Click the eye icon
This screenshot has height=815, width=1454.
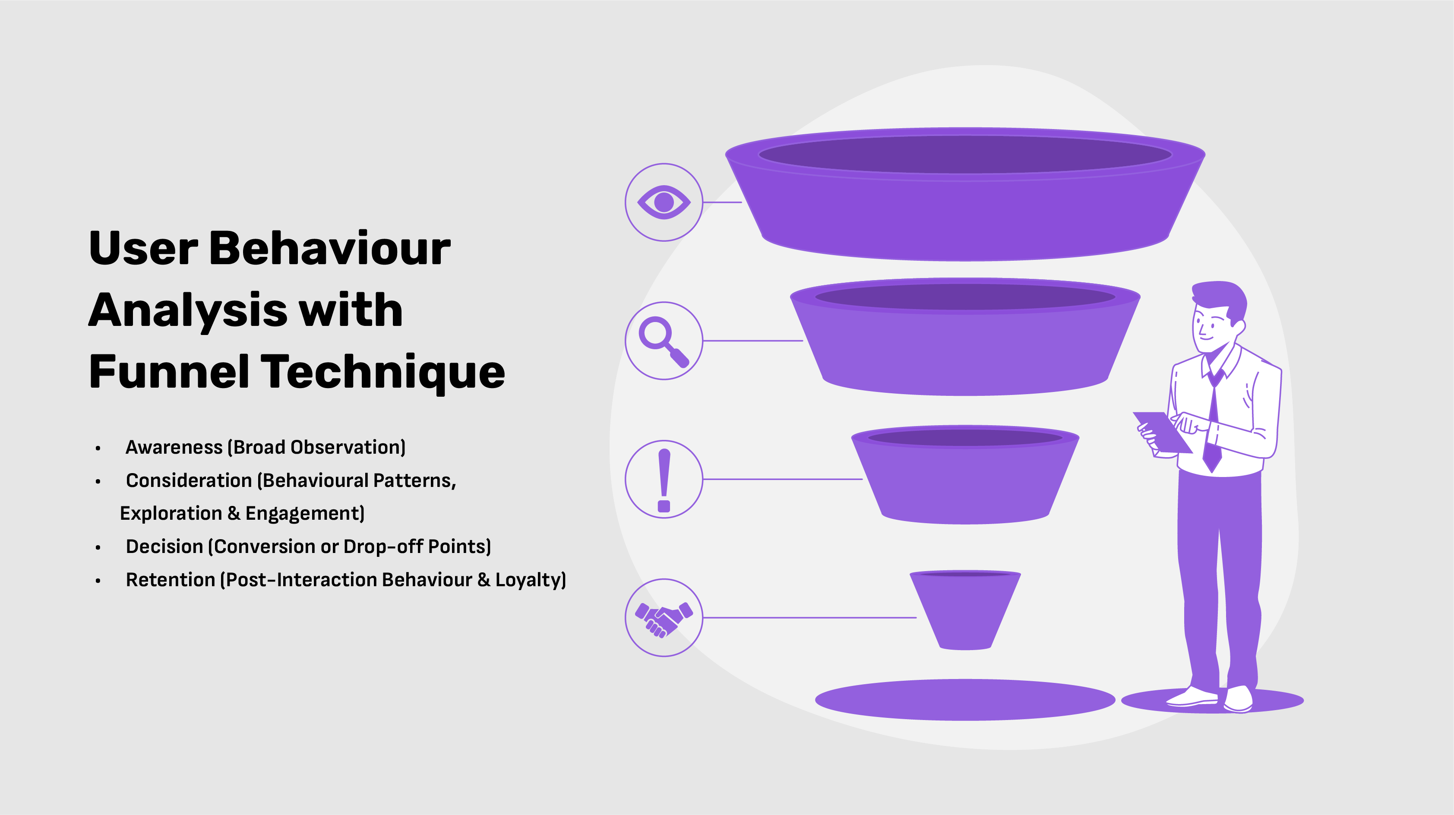[x=664, y=202]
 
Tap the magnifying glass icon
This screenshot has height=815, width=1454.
[x=663, y=341]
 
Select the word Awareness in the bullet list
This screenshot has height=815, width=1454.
[x=174, y=447]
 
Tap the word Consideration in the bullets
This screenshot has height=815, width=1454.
[x=189, y=480]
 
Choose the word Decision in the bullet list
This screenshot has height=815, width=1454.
[x=164, y=546]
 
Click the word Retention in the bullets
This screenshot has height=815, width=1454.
[x=171, y=580]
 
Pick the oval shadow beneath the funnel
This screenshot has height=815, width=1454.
[x=965, y=700]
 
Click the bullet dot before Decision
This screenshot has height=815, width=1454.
[x=98, y=547]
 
